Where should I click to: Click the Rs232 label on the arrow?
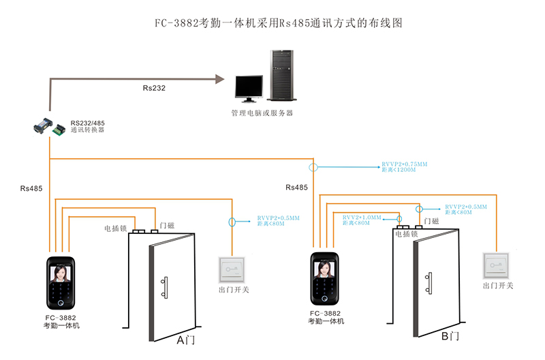coord(154,88)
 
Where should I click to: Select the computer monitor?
coord(248,87)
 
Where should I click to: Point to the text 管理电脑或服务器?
coord(262,113)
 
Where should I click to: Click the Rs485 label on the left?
coord(32,187)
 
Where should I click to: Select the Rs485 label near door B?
coord(297,187)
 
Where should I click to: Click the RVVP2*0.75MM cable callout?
coord(404,167)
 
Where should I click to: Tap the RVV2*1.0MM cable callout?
coord(361,220)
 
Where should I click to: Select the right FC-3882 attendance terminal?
coord(325,280)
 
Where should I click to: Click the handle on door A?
coord(164,287)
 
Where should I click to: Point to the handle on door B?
coord(429,282)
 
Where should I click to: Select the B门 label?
coord(450,337)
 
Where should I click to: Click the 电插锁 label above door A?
coord(116,228)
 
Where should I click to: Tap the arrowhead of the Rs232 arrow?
coord(220,79)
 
